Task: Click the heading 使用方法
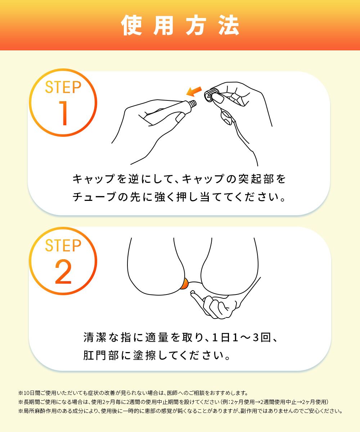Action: point(180,25)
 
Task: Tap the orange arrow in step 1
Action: point(194,91)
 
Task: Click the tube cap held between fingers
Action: point(211,95)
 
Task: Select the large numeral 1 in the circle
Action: point(63,113)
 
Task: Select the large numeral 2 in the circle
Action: point(63,271)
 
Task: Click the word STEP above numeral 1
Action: point(63,87)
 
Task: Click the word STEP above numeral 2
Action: point(63,246)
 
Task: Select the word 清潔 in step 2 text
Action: point(95,337)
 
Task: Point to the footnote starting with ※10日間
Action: point(133,393)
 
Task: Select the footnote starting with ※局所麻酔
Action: point(180,411)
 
